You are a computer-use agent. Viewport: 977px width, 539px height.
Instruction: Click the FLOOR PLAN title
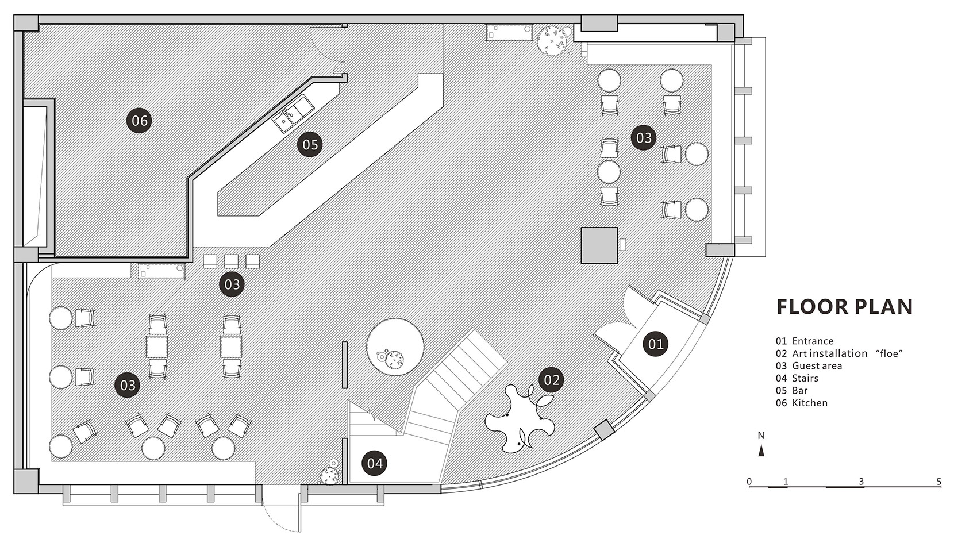pyautogui.click(x=844, y=307)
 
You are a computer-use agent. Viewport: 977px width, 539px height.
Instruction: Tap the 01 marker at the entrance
pyautogui.click(x=656, y=344)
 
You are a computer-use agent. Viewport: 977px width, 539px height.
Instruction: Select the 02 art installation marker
pyautogui.click(x=551, y=379)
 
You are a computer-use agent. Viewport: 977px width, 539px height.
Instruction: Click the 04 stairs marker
pyautogui.click(x=375, y=463)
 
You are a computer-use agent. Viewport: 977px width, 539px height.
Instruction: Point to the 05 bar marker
pyautogui.click(x=310, y=144)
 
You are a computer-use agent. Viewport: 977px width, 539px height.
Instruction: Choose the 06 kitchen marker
pyautogui.click(x=140, y=121)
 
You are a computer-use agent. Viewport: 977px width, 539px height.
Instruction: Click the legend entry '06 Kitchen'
pyautogui.click(x=802, y=403)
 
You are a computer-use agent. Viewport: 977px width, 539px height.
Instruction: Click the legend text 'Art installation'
pyautogui.click(x=829, y=353)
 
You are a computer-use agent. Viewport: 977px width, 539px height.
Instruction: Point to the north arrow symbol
pyautogui.click(x=761, y=451)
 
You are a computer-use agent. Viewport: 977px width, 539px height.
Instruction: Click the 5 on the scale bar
pyautogui.click(x=939, y=482)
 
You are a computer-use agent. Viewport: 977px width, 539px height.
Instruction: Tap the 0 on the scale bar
pyautogui.click(x=749, y=482)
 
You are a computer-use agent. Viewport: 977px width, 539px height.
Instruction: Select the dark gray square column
pyautogui.click(x=599, y=245)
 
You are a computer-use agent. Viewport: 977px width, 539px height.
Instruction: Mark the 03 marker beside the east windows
pyautogui.click(x=643, y=138)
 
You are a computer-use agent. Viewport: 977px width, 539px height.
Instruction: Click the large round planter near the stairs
pyautogui.click(x=395, y=347)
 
